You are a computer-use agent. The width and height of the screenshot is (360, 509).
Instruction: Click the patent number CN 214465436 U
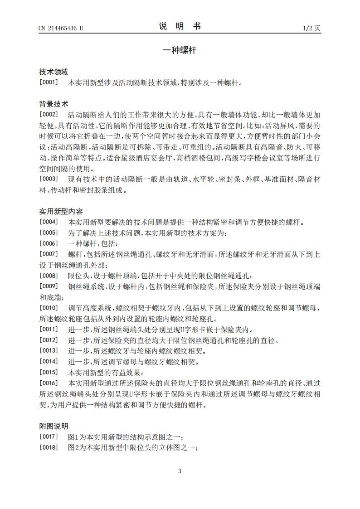[61, 28]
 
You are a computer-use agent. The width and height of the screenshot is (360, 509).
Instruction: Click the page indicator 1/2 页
[311, 28]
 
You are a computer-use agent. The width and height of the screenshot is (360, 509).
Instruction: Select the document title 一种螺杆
[180, 50]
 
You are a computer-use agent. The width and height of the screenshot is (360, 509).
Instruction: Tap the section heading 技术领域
[54, 72]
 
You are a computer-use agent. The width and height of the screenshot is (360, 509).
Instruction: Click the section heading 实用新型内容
[61, 212]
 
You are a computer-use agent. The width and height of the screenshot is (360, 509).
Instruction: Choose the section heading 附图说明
[54, 426]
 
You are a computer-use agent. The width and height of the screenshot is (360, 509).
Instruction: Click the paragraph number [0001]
[49, 83]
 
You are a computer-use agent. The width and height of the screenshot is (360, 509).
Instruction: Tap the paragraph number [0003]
[49, 179]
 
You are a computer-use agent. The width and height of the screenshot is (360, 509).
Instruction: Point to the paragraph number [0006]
[49, 244]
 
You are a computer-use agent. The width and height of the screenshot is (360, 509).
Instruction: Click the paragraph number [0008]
[49, 276]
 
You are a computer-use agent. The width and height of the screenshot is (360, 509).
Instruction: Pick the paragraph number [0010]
[49, 308]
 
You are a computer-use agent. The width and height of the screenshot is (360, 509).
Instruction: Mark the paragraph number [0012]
[49, 340]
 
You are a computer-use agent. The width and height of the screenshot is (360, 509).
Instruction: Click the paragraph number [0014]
[49, 362]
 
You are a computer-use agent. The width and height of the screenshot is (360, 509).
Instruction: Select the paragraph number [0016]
[49, 383]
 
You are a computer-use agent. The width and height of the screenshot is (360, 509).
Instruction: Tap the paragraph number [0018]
[49, 448]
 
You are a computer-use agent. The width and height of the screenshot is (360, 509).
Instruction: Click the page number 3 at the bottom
[180, 471]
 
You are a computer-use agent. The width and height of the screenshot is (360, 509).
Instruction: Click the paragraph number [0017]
[49, 437]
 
